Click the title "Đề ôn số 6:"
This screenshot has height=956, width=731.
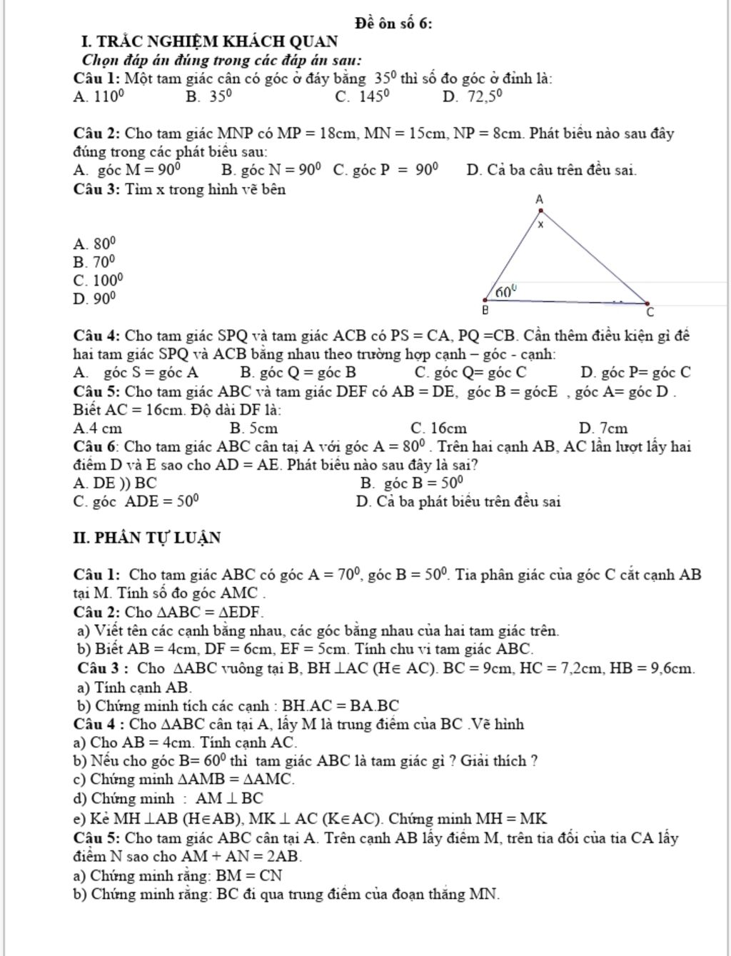(393, 24)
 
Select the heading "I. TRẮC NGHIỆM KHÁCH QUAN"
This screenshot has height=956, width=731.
(210, 41)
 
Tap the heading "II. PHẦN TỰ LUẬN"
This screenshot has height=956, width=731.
(147, 538)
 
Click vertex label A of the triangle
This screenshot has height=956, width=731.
(539, 199)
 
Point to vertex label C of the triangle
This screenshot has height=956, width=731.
(650, 313)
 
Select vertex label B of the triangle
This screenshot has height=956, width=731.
(485, 311)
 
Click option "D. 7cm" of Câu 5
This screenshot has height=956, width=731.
(603, 428)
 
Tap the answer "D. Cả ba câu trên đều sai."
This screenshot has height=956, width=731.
(551, 170)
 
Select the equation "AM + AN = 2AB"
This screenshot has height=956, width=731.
(241, 856)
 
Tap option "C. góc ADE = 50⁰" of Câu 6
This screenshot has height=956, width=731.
(136, 501)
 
